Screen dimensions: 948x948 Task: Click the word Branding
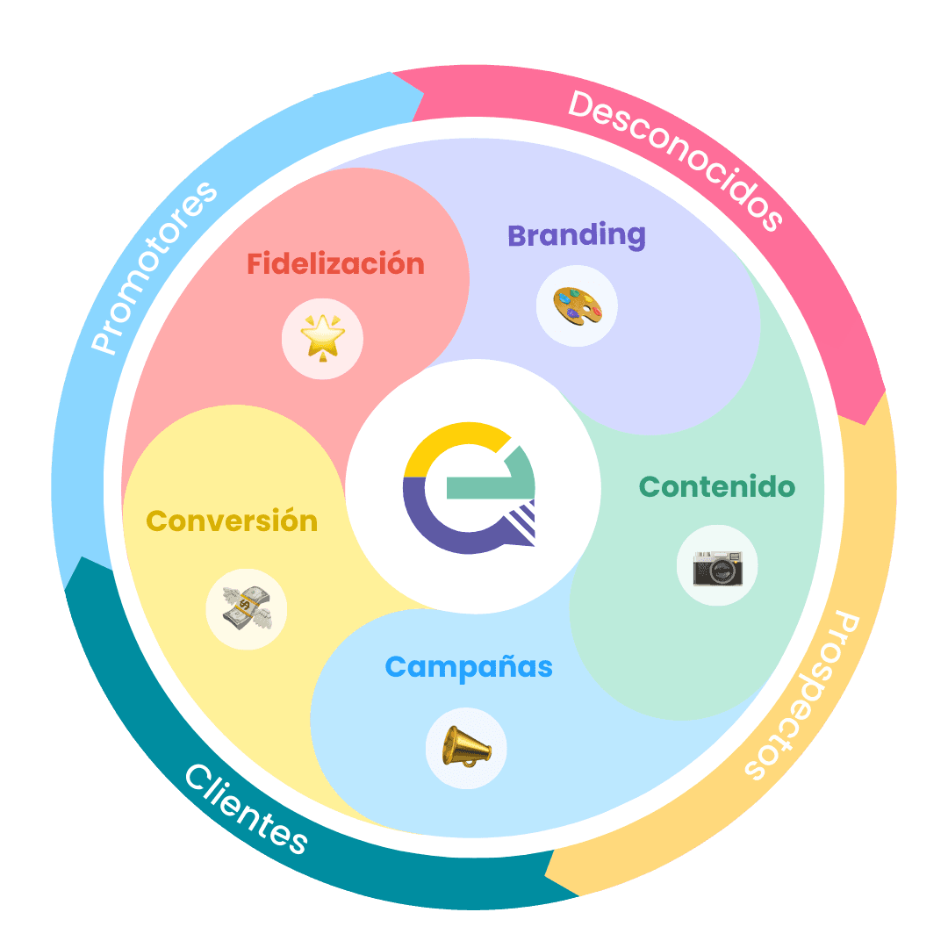[577, 235]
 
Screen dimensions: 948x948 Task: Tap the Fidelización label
[335, 263]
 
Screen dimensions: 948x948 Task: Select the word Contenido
[717, 486]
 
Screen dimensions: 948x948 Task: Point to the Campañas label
[469, 667]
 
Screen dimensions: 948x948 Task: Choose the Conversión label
[232, 521]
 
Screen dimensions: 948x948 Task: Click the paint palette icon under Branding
[577, 306]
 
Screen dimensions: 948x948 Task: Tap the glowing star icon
[322, 338]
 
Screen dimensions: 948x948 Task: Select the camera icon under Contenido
[717, 566]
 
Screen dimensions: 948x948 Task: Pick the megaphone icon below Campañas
[466, 749]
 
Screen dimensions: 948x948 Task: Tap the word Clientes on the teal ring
[247, 808]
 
